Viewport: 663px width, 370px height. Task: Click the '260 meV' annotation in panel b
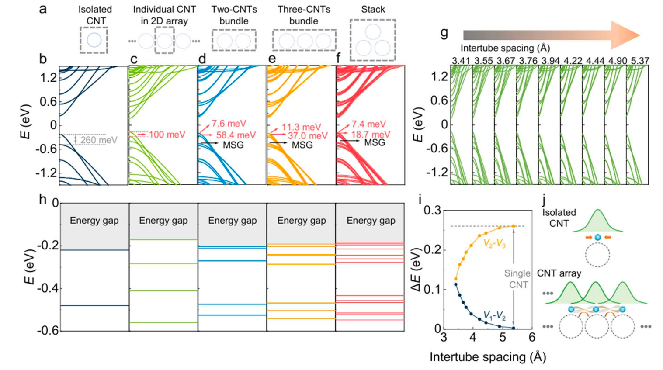click(98, 140)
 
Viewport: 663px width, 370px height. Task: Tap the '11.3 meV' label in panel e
click(301, 127)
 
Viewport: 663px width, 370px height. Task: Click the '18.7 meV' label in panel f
click(371, 135)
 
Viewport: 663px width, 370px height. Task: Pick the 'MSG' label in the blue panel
click(233, 145)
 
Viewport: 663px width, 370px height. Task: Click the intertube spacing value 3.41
click(461, 61)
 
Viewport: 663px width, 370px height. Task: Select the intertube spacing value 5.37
click(640, 61)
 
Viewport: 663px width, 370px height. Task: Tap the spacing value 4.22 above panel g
click(573, 61)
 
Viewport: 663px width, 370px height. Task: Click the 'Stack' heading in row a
click(373, 10)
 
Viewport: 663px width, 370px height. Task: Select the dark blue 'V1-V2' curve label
click(494, 315)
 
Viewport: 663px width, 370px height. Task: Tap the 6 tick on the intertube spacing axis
click(531, 338)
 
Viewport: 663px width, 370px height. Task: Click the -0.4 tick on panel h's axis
click(49, 288)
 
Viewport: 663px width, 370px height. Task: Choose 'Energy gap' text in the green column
click(163, 221)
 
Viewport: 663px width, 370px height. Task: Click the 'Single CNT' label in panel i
click(517, 279)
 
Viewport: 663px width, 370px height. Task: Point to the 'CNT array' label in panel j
click(559, 273)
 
